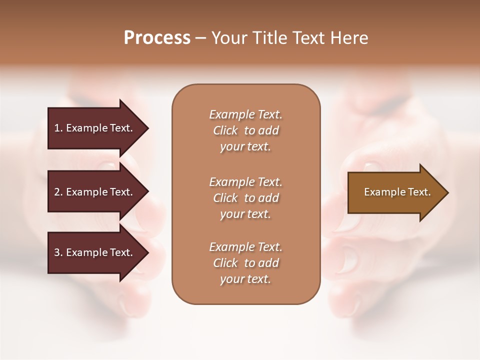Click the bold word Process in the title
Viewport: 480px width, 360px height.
(157, 37)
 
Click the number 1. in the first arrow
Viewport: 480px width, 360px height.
(58, 128)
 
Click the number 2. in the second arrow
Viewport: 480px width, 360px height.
(58, 192)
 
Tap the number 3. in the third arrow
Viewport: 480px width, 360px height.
(58, 252)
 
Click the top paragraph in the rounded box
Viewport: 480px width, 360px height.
(245, 130)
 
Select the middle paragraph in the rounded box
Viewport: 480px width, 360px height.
(245, 198)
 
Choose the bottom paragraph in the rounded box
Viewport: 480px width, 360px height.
(245, 263)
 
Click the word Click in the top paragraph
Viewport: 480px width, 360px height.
(225, 130)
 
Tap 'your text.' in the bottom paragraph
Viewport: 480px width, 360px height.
(245, 279)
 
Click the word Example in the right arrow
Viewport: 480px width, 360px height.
(381, 192)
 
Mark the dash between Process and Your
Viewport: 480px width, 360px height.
(200, 38)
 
